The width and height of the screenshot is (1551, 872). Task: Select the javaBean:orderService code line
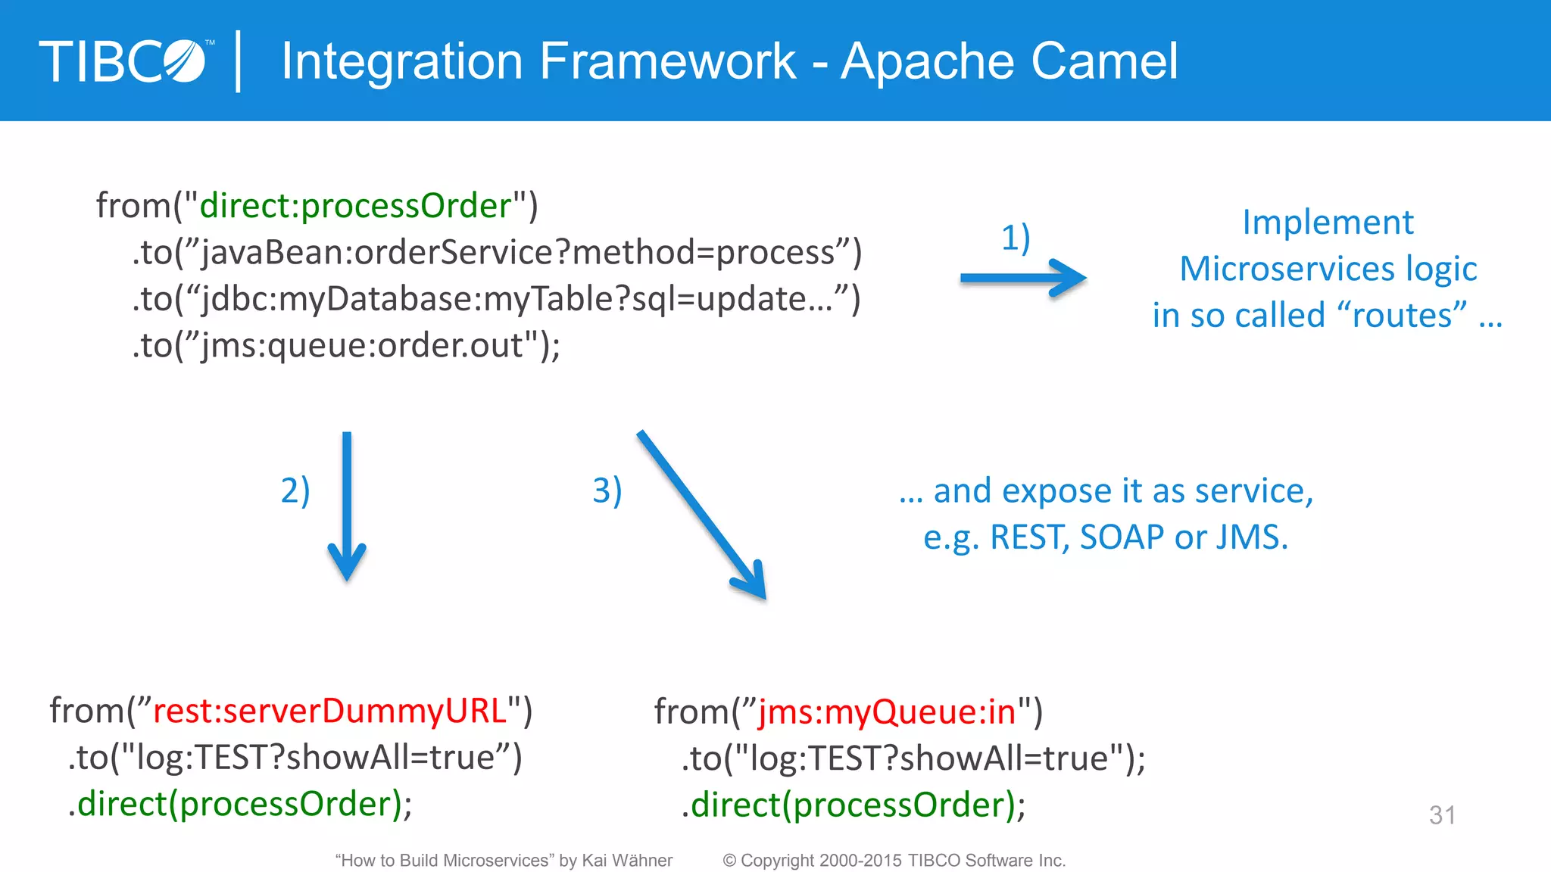[x=496, y=253]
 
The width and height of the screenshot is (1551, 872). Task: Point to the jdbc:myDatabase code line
[x=496, y=300]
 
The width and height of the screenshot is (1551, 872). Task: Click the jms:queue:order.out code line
[x=346, y=346]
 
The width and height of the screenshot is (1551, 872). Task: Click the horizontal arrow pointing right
[x=1022, y=279]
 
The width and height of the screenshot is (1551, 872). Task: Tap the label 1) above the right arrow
[x=1016, y=238]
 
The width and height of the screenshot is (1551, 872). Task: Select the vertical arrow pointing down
[x=347, y=507]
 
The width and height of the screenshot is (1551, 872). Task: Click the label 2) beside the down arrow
[x=295, y=490]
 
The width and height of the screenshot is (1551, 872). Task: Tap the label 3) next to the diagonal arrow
[x=607, y=490]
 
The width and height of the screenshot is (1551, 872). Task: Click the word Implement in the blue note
[x=1328, y=223]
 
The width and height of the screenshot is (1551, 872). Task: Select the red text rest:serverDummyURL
[x=329, y=711]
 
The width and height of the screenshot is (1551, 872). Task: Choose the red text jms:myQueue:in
[x=887, y=712]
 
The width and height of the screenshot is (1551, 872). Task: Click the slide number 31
[x=1442, y=815]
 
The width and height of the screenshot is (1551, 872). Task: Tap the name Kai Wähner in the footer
[x=626, y=861]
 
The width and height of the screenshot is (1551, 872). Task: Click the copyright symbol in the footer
[x=729, y=861]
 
